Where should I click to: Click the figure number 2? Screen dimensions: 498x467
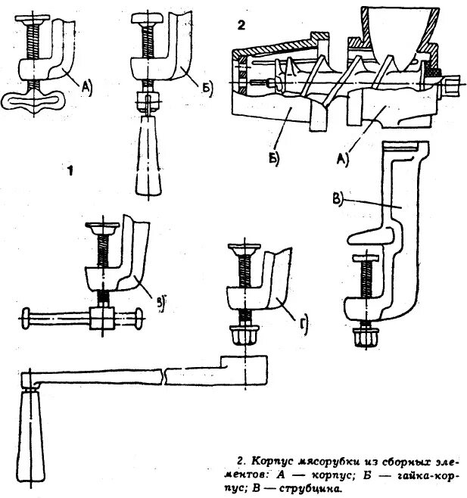point(241,25)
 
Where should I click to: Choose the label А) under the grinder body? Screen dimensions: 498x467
point(342,158)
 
